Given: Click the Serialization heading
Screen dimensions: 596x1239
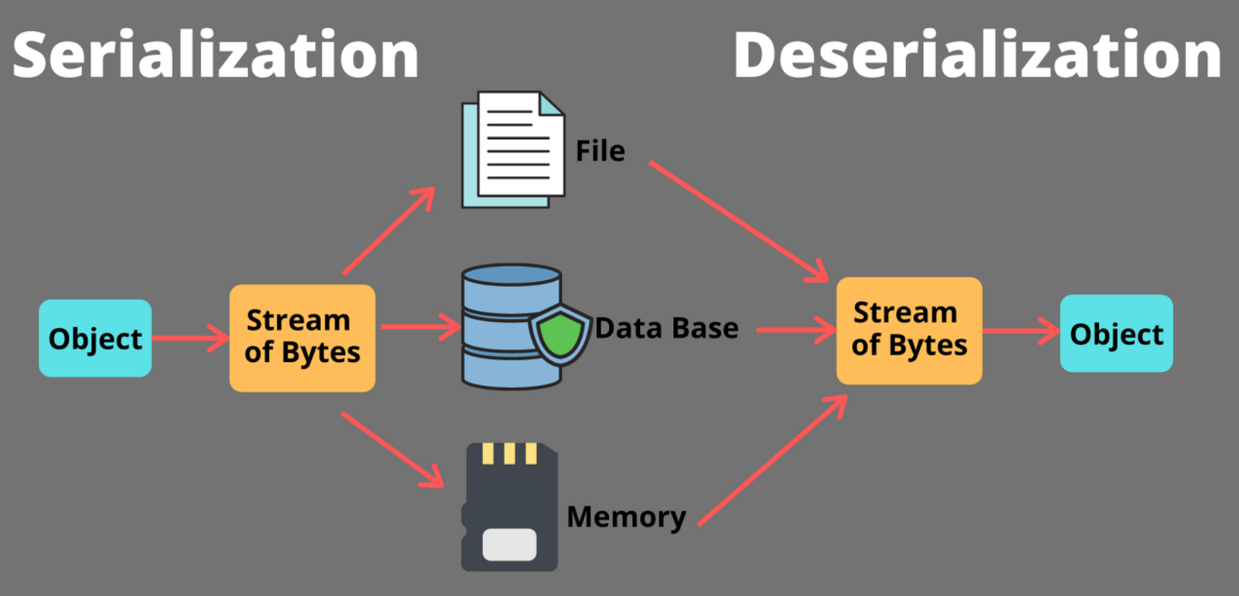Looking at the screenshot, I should [216, 55].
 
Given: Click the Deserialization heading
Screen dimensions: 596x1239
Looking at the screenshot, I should [977, 55].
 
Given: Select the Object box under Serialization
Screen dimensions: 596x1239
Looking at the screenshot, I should [95, 339].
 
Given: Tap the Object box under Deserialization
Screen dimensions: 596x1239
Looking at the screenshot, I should [1116, 334].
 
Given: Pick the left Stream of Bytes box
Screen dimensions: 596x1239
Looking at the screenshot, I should [302, 338].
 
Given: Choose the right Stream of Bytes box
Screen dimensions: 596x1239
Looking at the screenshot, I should [909, 330].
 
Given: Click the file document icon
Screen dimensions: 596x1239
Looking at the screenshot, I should [513, 149].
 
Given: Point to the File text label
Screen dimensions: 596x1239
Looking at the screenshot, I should [600, 151].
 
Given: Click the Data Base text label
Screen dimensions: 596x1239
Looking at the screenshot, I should [666, 328].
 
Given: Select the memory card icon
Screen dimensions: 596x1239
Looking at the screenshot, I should [510, 507].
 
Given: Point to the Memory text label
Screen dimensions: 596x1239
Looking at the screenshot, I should [626, 516].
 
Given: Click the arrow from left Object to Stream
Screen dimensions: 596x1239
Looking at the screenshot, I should [190, 338].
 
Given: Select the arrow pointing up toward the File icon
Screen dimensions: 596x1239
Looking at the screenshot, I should [389, 231].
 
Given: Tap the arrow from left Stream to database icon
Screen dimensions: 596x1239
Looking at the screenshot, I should [420, 327].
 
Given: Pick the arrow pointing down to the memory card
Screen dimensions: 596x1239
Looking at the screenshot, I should [392, 450].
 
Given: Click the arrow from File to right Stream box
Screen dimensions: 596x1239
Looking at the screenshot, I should [738, 220].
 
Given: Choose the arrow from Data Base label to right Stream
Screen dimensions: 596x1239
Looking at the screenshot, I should [795, 330].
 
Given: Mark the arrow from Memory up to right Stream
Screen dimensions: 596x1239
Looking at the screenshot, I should [772, 460].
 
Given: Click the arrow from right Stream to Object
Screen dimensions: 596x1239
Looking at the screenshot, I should [1021, 331].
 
